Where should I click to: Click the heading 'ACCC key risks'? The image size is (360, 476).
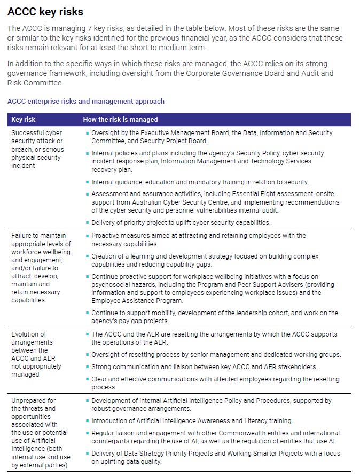(45, 12)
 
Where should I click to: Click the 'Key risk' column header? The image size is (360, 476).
(24, 120)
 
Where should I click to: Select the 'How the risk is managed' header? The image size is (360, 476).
(120, 120)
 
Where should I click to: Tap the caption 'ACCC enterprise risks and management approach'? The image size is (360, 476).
(86, 101)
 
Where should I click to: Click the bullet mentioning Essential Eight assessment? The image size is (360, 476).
(214, 202)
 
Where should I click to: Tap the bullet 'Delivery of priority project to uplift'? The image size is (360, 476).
(181, 223)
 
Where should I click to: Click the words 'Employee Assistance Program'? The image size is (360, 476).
(136, 301)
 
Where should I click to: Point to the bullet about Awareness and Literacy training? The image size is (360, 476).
(192, 421)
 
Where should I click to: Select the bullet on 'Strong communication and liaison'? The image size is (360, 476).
(204, 366)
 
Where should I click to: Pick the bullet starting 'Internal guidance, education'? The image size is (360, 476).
(200, 182)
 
